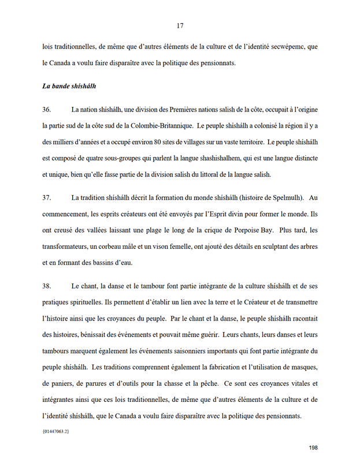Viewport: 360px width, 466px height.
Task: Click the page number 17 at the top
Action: pos(180,25)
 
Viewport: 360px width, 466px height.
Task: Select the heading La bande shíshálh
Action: pos(69,87)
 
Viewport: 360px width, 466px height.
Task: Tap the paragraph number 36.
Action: pos(47,110)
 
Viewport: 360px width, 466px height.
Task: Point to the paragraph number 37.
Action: pos(47,197)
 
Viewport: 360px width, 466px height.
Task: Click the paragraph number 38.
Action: pos(47,286)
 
